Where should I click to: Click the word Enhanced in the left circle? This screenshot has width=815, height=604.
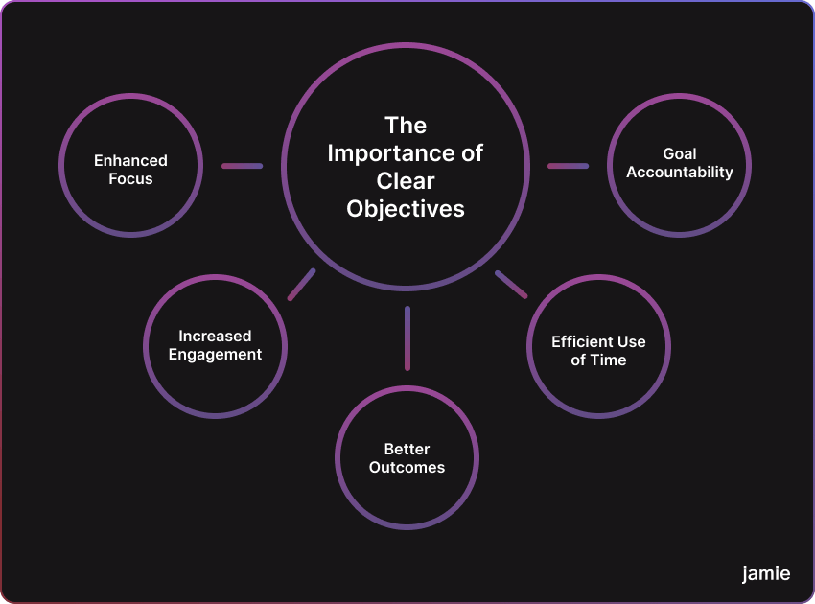coord(130,161)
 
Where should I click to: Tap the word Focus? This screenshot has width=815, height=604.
coord(130,179)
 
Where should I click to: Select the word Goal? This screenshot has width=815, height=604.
coord(680,153)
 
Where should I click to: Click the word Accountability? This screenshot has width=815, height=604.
coord(680,173)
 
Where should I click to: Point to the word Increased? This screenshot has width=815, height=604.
coord(215,336)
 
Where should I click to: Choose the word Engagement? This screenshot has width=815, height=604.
coord(215,355)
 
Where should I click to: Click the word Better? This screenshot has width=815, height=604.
coord(407,449)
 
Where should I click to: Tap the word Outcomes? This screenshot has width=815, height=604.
coord(407,468)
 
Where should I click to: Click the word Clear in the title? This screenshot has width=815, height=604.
coord(406,181)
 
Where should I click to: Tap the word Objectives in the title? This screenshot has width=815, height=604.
coord(406,209)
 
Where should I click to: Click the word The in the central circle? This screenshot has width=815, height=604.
coord(406,126)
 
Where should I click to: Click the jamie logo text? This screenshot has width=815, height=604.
coord(766,573)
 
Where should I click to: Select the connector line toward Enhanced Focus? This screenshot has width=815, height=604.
coord(242,166)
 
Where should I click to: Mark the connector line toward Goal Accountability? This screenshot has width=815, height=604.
coord(568,166)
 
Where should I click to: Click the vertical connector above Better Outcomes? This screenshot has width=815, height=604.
coord(407,337)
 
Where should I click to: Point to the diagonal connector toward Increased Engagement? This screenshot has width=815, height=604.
coord(301,285)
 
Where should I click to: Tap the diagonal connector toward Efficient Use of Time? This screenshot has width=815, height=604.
coord(511,285)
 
